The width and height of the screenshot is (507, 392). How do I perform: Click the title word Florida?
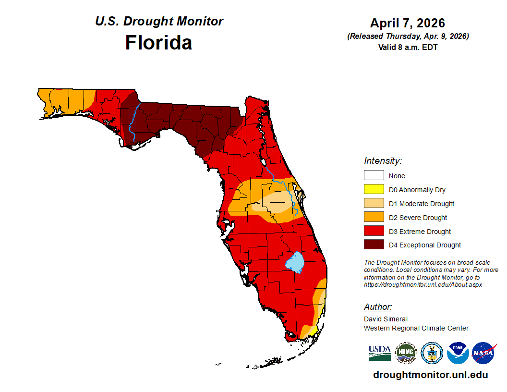(x=158, y=43)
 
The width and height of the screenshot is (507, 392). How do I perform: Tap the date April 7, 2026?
(x=408, y=23)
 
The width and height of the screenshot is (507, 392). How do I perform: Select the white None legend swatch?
(x=374, y=176)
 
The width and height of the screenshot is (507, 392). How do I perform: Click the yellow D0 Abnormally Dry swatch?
(x=374, y=190)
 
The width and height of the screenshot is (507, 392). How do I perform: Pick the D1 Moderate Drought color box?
(x=374, y=204)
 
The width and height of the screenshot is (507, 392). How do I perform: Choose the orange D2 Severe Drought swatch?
(x=374, y=218)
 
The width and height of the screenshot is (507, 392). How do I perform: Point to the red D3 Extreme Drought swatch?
(x=374, y=232)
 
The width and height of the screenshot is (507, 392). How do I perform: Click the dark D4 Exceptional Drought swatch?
(x=374, y=245)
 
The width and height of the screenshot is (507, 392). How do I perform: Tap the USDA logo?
(x=380, y=353)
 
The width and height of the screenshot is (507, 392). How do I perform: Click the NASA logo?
(x=483, y=353)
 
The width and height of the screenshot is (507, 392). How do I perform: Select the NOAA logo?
(x=458, y=353)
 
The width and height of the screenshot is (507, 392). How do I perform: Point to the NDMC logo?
(x=406, y=353)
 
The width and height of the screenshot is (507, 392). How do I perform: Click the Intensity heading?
(x=383, y=161)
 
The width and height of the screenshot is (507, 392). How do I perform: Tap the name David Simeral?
(x=386, y=319)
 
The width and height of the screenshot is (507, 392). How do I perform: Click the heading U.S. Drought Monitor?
(x=159, y=22)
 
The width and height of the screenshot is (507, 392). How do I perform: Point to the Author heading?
(x=378, y=307)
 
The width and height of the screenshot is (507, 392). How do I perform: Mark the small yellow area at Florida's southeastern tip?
(x=312, y=331)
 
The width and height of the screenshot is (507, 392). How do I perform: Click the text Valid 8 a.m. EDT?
(x=408, y=47)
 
